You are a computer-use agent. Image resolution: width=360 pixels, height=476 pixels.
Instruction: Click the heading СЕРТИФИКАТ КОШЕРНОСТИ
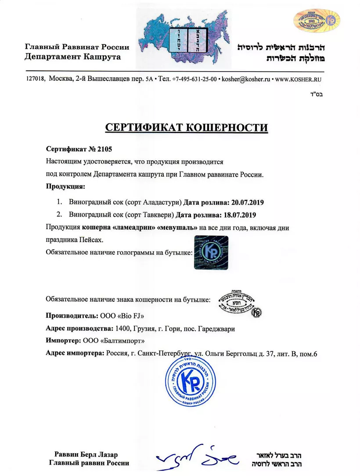(x=187, y=128)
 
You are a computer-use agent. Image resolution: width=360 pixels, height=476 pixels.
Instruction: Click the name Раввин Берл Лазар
(x=86, y=454)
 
